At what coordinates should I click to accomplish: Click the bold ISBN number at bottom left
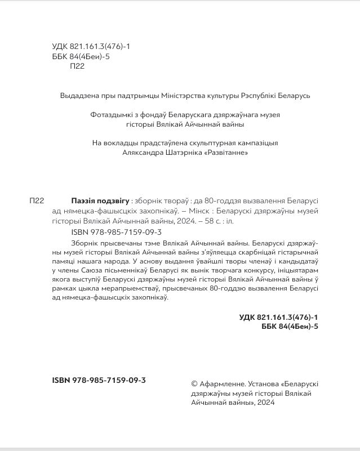click(96, 381)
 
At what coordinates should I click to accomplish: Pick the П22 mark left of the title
click(37, 201)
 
